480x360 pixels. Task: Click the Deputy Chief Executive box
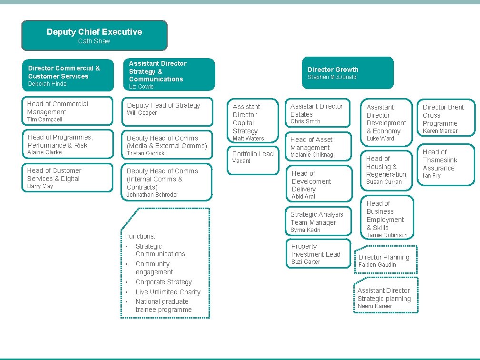coord(94,35)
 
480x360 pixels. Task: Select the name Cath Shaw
coord(94,41)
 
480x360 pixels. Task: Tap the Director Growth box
coord(348,73)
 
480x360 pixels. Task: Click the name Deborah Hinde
coord(47,84)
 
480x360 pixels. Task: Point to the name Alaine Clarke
coord(45,152)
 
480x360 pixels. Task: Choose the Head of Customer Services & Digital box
coord(69,178)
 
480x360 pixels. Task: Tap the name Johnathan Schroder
coord(152,195)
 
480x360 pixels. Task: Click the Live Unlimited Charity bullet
coord(168,292)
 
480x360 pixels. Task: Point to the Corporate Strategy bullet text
coord(163,282)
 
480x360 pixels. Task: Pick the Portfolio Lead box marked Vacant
coord(252,157)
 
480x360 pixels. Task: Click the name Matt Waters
coord(248,139)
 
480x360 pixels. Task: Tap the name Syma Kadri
coord(305,230)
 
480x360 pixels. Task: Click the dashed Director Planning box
coord(386,260)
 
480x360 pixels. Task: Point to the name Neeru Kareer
coord(375,306)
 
